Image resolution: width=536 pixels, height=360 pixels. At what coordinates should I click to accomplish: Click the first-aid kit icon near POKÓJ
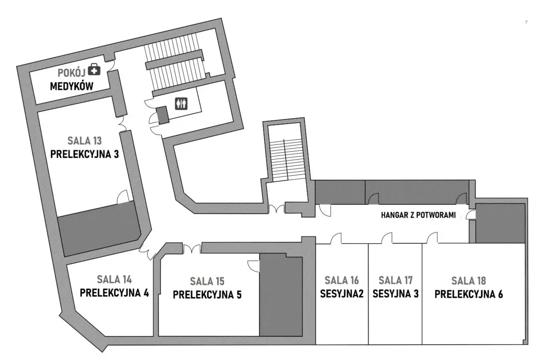94,70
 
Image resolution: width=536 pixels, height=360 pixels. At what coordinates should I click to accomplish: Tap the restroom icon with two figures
181,103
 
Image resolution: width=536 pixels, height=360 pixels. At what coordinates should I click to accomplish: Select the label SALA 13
84,141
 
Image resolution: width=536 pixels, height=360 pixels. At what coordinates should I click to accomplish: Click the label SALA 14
114,278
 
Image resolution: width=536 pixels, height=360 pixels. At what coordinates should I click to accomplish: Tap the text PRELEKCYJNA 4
114,292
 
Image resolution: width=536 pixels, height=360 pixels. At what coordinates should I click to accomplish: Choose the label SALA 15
207,281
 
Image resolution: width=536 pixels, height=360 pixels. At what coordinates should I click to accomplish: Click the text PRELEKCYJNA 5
207,295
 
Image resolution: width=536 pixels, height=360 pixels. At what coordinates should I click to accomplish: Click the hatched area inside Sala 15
281,296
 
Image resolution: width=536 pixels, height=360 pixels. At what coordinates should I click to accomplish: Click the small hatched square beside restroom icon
162,115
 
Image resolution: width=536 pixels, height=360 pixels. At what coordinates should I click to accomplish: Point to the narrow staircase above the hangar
283,160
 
